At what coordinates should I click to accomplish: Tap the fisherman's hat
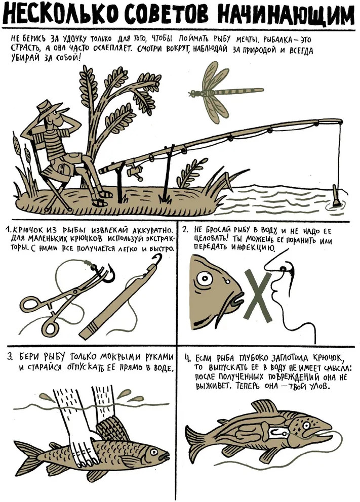(48, 109)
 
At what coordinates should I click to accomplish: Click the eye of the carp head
(205, 279)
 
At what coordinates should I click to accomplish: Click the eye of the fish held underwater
(154, 452)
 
